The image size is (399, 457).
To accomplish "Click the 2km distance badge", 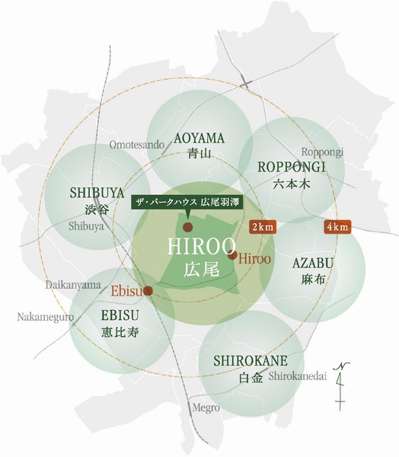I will pos(263,228).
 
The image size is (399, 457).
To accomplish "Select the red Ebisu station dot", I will pos(148,290).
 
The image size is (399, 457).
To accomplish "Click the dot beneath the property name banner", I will pos(188,227).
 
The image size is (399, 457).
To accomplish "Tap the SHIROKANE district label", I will pos(249,361).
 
